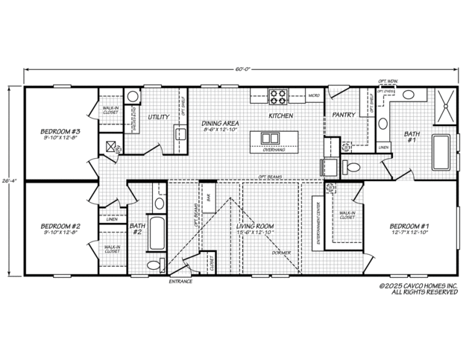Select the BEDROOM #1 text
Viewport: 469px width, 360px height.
pyautogui.click(x=409, y=225)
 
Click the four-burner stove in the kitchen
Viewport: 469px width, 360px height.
pyautogui.click(x=278, y=95)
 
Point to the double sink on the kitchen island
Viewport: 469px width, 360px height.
pyautogui.click(x=269, y=137)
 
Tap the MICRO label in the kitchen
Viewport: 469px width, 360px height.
pyautogui.click(x=315, y=95)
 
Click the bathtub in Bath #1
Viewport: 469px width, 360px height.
pyautogui.click(x=441, y=153)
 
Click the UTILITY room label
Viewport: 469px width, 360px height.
pyautogui.click(x=158, y=117)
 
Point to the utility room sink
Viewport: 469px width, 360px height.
pyautogui.click(x=179, y=134)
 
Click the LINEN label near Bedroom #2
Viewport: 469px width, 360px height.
pyautogui.click(x=111, y=219)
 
